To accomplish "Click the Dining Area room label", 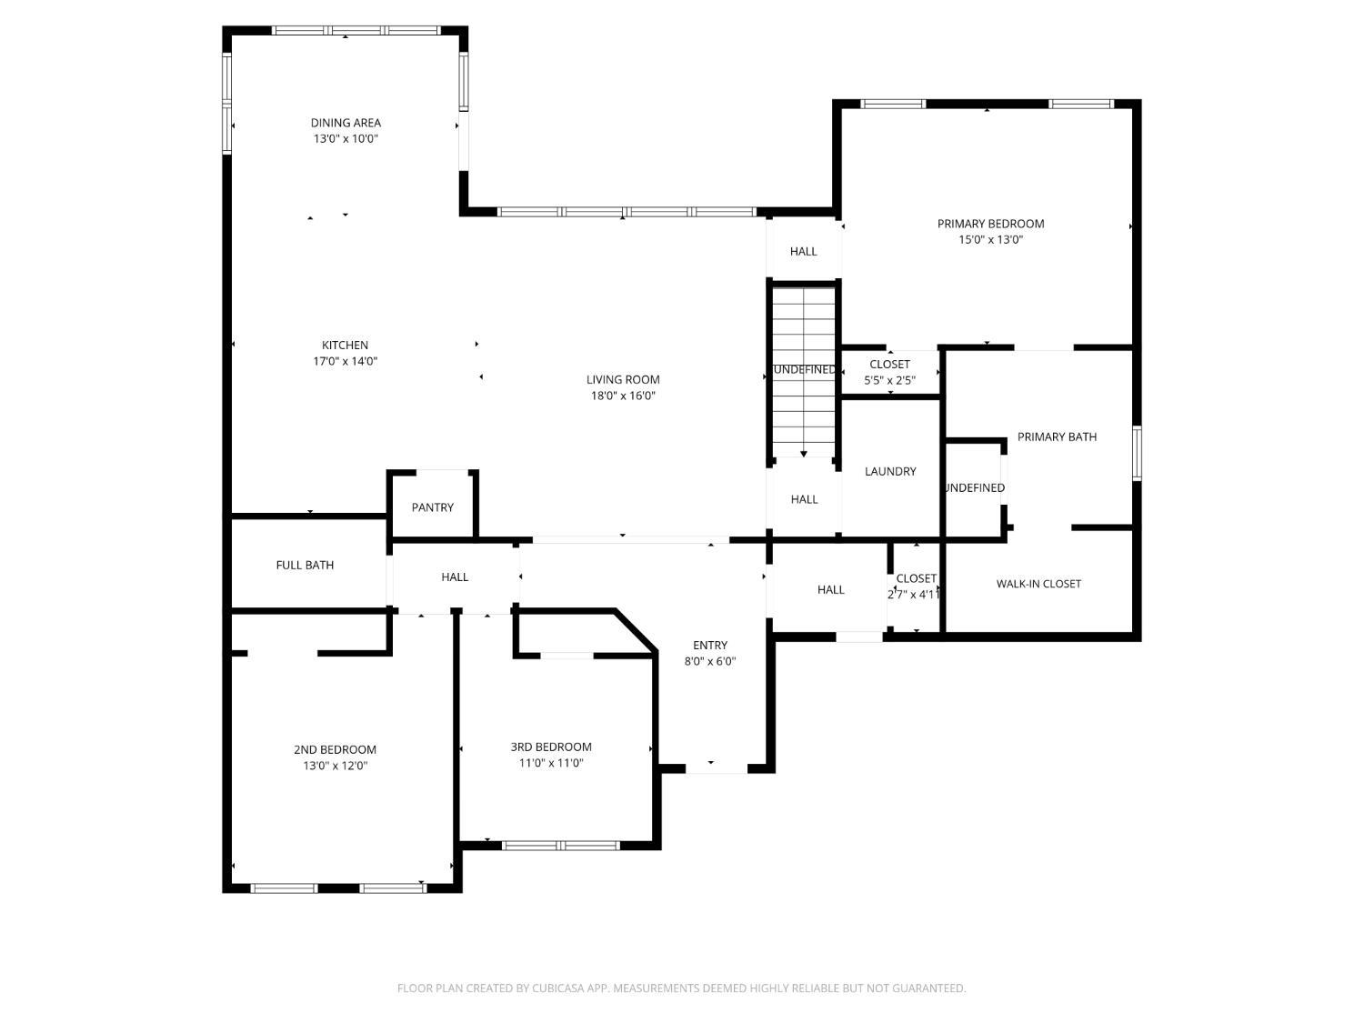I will pyautogui.click(x=346, y=123).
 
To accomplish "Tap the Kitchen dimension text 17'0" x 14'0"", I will pyautogui.click(x=346, y=361).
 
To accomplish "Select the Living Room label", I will pyautogui.click(x=623, y=380).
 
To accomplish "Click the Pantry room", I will pyautogui.click(x=432, y=507).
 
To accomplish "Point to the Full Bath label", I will pyautogui.click(x=305, y=565).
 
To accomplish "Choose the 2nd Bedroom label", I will pyautogui.click(x=335, y=749).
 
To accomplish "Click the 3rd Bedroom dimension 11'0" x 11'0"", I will pyautogui.click(x=551, y=763).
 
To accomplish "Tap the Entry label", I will pyautogui.click(x=710, y=646).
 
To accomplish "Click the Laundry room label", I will pyautogui.click(x=890, y=471).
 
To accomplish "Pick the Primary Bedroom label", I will pyautogui.click(x=990, y=224).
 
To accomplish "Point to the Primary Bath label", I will pyautogui.click(x=1057, y=436).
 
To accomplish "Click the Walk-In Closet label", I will pyautogui.click(x=1038, y=584).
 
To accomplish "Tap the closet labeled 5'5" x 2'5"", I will pyautogui.click(x=889, y=372).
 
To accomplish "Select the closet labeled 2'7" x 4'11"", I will pyautogui.click(x=916, y=586).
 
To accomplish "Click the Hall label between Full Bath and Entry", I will pyautogui.click(x=455, y=577).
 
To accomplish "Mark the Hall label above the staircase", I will pyautogui.click(x=803, y=251).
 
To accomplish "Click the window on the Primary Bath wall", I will pyautogui.click(x=1137, y=453).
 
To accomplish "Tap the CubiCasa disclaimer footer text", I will pyautogui.click(x=681, y=988).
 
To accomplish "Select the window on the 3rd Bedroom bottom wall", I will pyautogui.click(x=561, y=846).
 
